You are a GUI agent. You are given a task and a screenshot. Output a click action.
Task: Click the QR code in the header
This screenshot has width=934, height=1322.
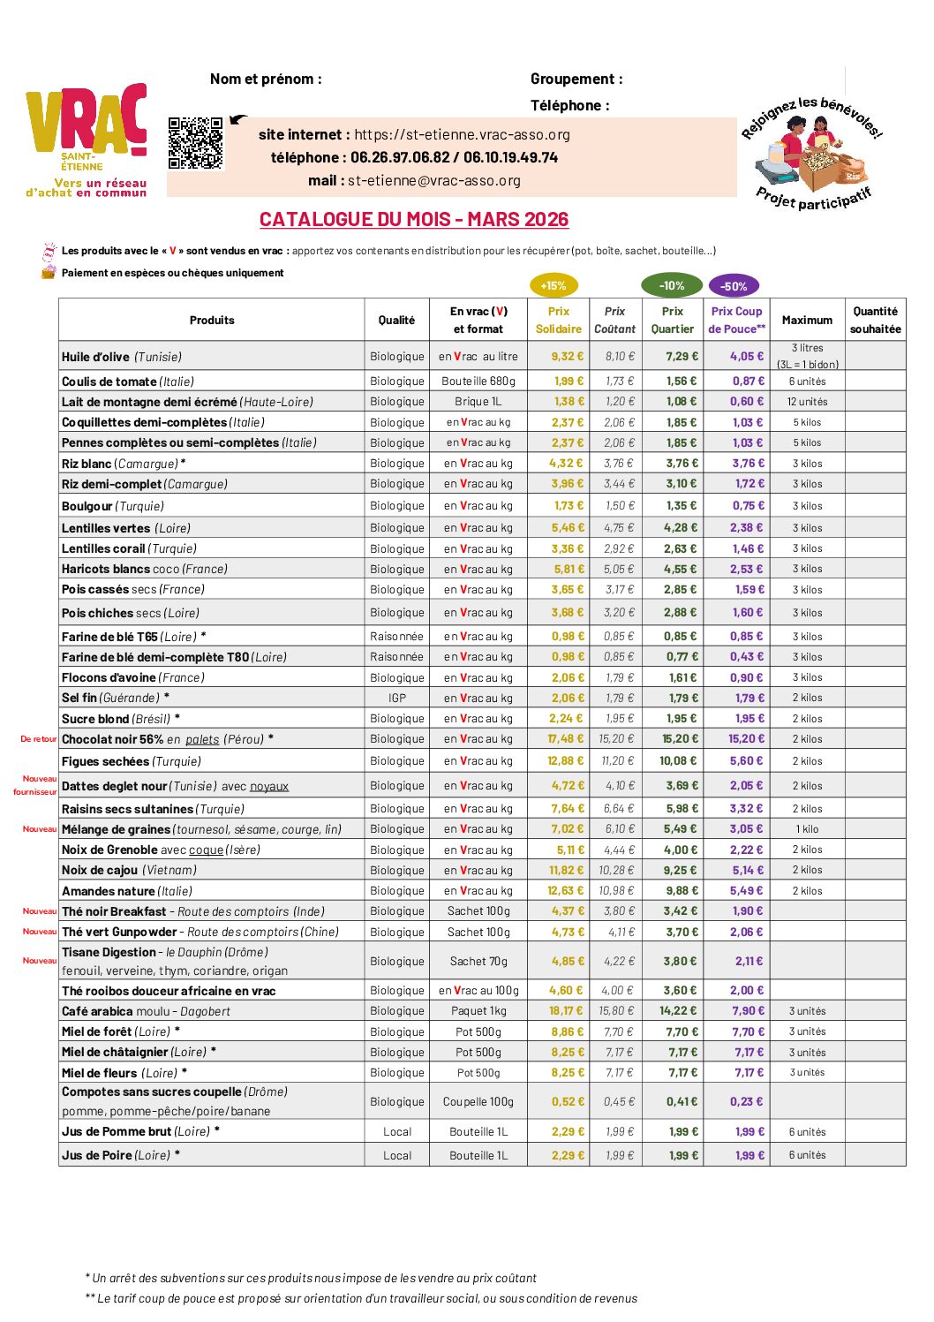196,143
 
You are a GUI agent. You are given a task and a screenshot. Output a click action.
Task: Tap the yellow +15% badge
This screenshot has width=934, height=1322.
554,285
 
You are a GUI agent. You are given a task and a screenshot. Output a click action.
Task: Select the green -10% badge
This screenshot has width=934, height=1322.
672,285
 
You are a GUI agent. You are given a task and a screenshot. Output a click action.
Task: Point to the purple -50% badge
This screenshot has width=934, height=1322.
734,286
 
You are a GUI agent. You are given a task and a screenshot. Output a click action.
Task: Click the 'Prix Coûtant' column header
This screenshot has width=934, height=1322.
614,320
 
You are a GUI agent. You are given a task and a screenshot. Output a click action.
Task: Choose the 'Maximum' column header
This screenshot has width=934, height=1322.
807,320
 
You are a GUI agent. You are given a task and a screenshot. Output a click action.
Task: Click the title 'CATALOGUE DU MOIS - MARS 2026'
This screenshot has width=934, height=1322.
414,219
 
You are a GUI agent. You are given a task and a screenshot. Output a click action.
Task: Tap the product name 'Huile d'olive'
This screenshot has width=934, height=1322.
96,357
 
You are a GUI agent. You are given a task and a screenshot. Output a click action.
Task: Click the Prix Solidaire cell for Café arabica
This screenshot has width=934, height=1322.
567,1010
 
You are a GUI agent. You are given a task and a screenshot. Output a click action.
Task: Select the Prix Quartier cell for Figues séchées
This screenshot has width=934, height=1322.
678,760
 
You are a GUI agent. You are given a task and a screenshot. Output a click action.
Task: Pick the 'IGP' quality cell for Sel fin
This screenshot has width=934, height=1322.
397,698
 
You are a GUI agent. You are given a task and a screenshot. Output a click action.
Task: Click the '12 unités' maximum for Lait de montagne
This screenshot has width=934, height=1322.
807,401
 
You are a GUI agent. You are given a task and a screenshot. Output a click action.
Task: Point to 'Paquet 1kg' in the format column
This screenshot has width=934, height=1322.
478,1010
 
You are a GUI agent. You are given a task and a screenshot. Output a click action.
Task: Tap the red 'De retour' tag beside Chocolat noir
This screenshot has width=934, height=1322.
39,739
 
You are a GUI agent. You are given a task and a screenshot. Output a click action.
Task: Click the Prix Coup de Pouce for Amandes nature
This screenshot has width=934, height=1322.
747,890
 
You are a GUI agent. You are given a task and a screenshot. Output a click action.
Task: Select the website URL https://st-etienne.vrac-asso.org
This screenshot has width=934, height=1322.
462,134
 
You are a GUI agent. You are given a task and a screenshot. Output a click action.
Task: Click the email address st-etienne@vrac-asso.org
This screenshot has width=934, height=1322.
434,180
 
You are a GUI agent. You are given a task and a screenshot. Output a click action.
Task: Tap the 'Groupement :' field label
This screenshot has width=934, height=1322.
576,79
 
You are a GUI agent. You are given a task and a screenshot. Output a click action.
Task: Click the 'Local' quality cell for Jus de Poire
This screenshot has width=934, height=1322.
397,1155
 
